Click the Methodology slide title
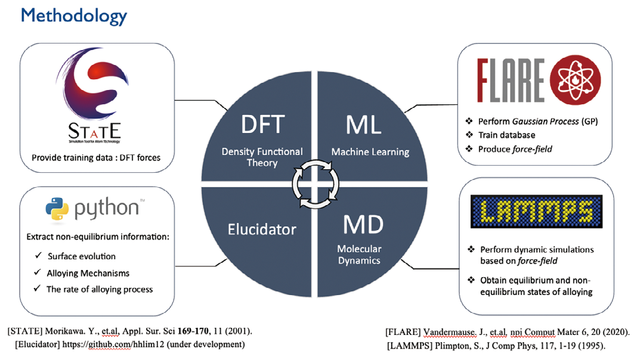coord(74,16)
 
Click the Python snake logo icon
coord(57,209)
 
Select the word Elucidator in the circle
coord(262,229)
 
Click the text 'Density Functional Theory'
coord(262,157)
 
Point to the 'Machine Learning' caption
coord(370,152)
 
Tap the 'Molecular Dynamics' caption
coord(359,255)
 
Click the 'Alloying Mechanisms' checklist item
coord(88,273)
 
